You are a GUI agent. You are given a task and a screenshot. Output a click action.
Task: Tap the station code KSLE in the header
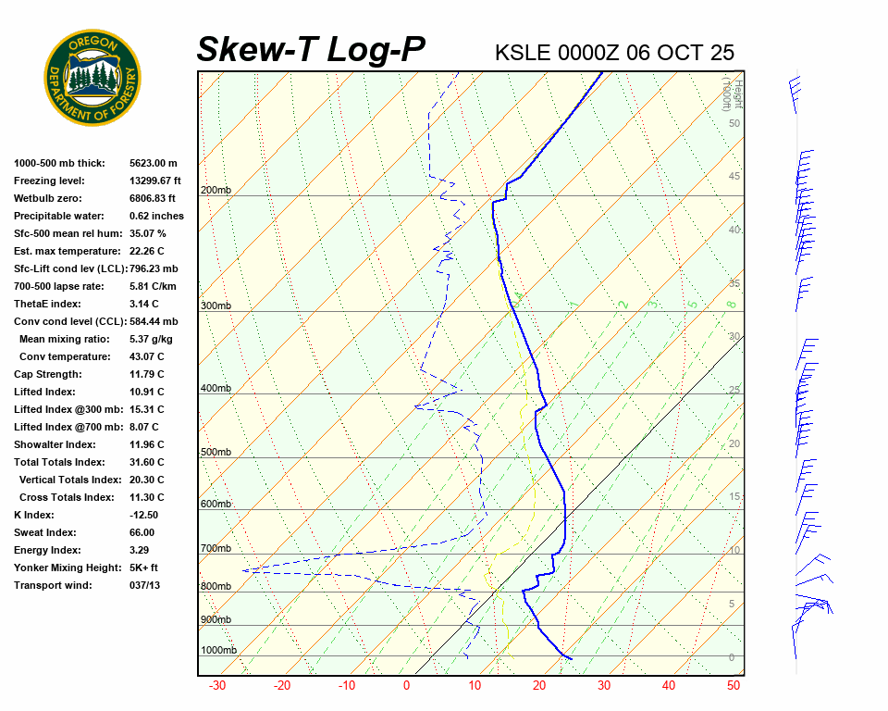[523, 52]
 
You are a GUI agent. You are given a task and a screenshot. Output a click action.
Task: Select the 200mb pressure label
[216, 191]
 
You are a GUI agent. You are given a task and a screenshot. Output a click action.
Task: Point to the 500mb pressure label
[216, 452]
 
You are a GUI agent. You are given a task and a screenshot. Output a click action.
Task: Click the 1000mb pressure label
[218, 650]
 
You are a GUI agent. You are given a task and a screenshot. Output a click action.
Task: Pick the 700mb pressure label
[216, 548]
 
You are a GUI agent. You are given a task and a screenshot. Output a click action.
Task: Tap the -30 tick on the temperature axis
[217, 686]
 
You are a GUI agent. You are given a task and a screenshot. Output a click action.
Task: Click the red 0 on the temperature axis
[406, 686]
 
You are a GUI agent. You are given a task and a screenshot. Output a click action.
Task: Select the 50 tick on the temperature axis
[734, 686]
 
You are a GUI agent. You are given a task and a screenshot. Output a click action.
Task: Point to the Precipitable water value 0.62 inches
[156, 216]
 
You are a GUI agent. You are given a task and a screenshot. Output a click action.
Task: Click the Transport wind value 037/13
[144, 585]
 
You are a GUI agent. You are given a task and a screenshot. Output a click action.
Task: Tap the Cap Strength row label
[48, 374]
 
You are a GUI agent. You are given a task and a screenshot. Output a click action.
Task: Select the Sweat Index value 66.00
[142, 532]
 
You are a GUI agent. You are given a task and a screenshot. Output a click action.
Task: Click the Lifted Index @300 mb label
[63, 409]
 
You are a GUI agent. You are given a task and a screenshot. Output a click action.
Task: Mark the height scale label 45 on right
[734, 177]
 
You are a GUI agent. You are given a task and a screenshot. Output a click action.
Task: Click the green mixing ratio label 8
[731, 304]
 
